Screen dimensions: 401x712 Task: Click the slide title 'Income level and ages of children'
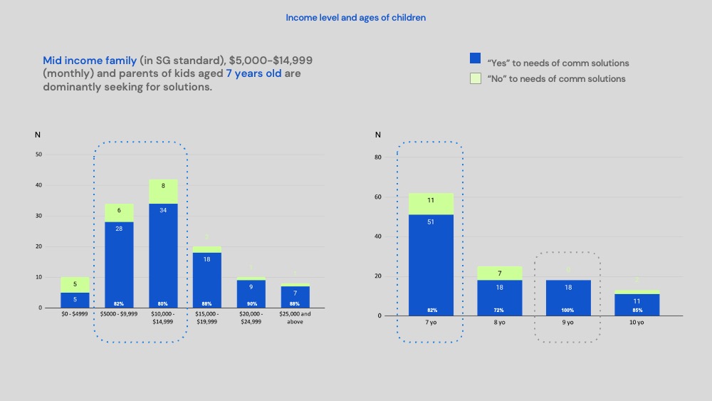[x=355, y=17]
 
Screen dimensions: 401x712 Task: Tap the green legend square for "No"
[x=475, y=78]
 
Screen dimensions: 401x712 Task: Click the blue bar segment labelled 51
[x=431, y=264]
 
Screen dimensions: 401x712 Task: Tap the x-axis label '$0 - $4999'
[x=75, y=314]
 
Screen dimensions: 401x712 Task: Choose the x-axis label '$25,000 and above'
[x=295, y=318]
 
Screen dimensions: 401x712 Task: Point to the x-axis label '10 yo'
[x=636, y=323]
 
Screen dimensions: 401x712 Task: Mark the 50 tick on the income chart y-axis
[x=39, y=155]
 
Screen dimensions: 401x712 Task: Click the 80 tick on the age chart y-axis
[x=378, y=157]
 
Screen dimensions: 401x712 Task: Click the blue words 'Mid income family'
[x=90, y=61]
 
